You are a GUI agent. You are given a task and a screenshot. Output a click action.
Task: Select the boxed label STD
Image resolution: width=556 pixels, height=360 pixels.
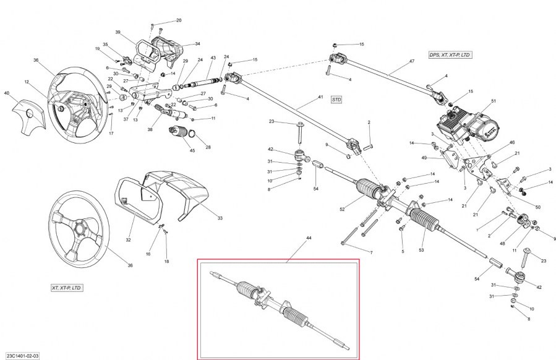[x=336, y=99]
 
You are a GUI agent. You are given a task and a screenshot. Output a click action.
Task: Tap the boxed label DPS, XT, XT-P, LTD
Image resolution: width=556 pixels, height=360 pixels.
[x=450, y=55]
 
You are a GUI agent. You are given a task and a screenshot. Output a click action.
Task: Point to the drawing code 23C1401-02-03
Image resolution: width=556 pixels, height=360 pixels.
[x=22, y=355]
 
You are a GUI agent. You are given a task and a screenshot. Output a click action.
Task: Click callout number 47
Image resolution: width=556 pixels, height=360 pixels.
[x=411, y=61]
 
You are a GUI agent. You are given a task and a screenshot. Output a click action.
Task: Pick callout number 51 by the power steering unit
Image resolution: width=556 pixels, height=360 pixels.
[x=494, y=101]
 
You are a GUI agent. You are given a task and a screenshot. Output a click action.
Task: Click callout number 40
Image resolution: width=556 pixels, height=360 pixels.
[x=7, y=93]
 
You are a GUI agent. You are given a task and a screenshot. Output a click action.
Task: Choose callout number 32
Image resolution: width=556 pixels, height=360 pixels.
[x=129, y=241]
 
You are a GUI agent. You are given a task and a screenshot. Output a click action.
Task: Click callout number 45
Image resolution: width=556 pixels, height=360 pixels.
[x=192, y=150]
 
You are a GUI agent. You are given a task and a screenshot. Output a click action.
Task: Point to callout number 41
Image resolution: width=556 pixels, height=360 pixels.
[x=320, y=98]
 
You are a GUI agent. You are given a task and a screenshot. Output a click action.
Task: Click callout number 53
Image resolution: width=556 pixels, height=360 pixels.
[x=422, y=250]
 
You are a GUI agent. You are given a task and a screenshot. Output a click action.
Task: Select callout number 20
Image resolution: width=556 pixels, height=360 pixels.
[x=179, y=20]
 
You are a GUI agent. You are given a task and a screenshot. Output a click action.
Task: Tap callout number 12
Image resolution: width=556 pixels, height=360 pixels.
[x=27, y=81]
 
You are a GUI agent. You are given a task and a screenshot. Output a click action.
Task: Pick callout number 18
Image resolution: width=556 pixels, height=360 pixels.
[x=166, y=262]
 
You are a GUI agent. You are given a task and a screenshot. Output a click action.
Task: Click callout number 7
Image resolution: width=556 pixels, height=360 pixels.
[x=371, y=252]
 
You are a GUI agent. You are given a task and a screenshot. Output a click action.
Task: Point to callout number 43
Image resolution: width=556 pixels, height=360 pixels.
[x=212, y=58]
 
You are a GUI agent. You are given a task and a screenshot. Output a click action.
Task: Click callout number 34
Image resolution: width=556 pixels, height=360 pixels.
[x=197, y=44]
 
